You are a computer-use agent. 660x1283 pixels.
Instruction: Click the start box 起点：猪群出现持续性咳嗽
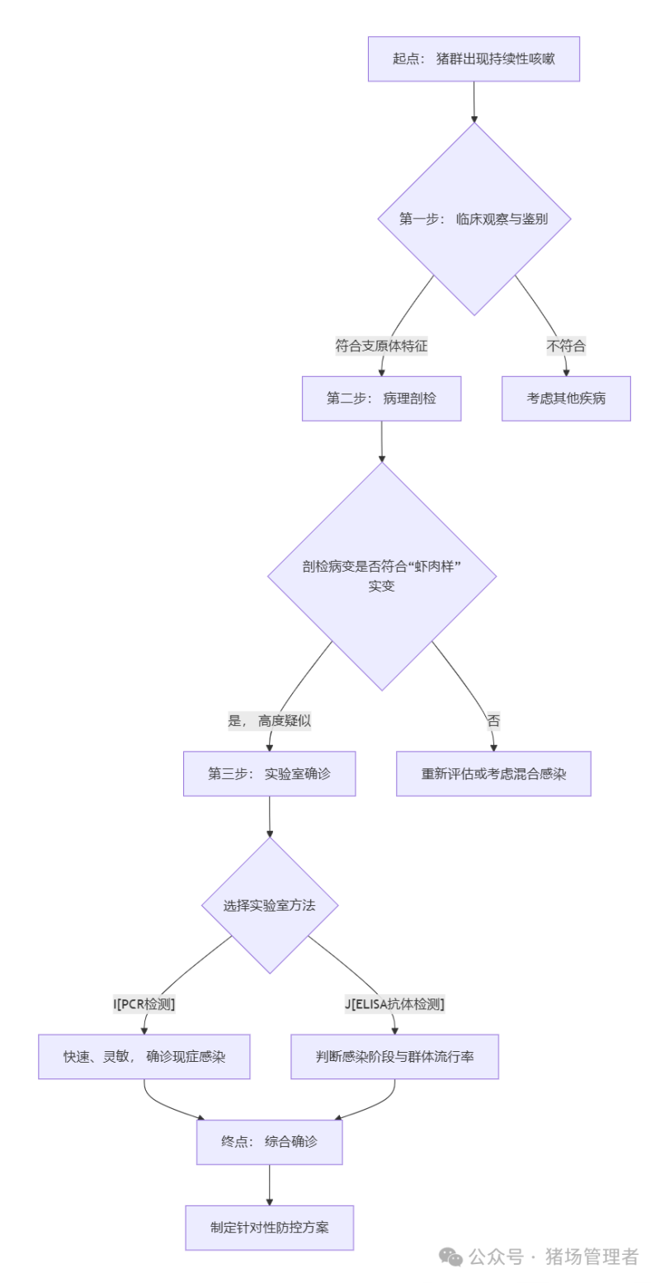tap(474, 59)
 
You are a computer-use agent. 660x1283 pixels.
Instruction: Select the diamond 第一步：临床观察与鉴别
tap(474, 219)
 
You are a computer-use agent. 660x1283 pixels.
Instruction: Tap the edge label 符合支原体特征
tap(381, 347)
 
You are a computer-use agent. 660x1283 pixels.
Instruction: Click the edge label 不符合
tap(566, 347)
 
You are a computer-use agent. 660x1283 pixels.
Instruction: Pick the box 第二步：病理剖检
tap(381, 399)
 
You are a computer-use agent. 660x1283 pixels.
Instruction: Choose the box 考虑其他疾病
tap(566, 399)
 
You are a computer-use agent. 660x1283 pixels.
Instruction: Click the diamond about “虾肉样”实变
tap(382, 576)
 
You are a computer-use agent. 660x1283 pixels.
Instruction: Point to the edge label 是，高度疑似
tap(270, 720)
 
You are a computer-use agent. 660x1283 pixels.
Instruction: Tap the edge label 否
tap(493, 720)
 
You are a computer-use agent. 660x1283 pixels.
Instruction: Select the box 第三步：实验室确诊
tap(270, 774)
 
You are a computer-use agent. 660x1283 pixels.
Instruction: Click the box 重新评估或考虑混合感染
tap(493, 774)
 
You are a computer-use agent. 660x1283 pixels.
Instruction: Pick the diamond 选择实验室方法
tap(270, 905)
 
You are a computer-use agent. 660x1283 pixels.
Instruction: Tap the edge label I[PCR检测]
tap(144, 1004)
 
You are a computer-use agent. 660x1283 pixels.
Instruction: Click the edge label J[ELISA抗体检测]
tap(394, 1004)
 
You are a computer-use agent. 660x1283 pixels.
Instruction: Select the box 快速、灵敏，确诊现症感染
tap(144, 1057)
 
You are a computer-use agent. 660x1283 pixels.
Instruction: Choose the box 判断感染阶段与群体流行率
tap(394, 1057)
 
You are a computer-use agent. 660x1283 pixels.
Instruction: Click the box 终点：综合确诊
tap(270, 1142)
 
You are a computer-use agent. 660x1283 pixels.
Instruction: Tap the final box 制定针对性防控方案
tap(270, 1227)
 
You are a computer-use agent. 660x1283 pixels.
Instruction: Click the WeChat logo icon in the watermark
tap(450, 1256)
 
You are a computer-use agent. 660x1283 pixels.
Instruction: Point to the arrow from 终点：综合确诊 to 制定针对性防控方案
tap(270, 1185)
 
